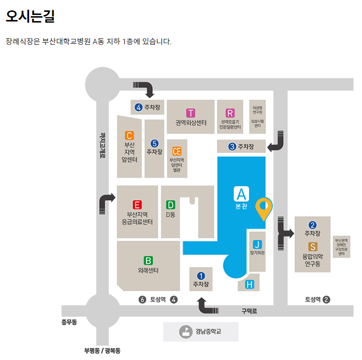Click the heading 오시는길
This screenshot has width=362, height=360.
click(31, 16)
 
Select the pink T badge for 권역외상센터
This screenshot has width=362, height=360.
click(190, 113)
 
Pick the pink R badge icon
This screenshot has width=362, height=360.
click(230, 113)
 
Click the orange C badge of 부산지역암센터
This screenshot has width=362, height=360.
click(129, 135)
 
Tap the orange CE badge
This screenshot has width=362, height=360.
click(176, 151)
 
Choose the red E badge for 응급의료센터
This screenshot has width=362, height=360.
click(137, 205)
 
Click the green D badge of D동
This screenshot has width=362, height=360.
click(170, 205)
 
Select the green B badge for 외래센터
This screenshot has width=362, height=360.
click(148, 260)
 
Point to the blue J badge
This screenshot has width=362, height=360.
click(257, 243)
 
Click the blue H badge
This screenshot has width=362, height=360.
click(249, 284)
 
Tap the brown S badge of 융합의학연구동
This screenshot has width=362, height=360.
click(312, 247)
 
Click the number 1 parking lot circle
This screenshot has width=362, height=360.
click(201, 276)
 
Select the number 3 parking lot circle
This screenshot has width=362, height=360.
click(232, 146)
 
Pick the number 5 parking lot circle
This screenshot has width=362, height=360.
click(154, 143)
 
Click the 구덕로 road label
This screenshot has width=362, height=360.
click(249, 311)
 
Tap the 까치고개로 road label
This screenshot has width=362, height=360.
click(103, 145)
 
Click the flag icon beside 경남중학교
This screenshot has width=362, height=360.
click(186, 332)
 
